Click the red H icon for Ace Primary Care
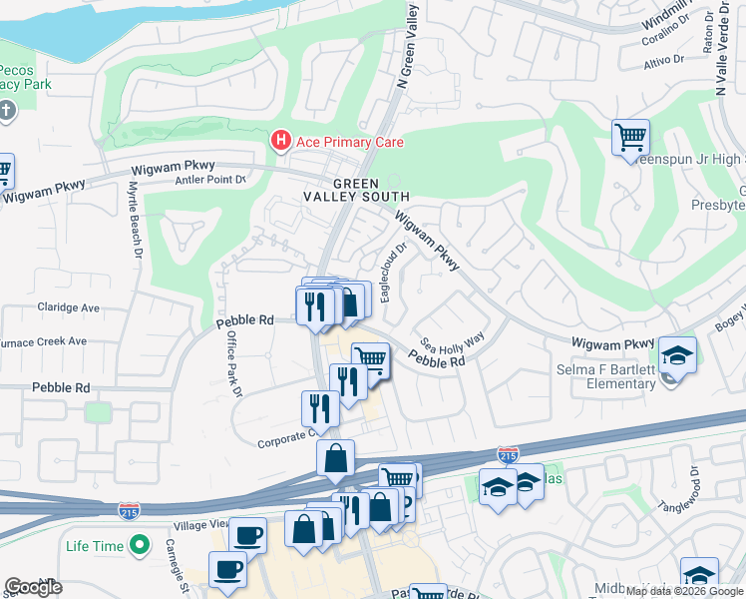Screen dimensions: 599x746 point(282,142)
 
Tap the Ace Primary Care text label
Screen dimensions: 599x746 point(348,142)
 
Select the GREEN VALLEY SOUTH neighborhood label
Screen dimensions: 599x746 point(356,190)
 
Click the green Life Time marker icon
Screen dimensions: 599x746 point(140,546)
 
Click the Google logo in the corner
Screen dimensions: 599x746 point(33,587)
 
